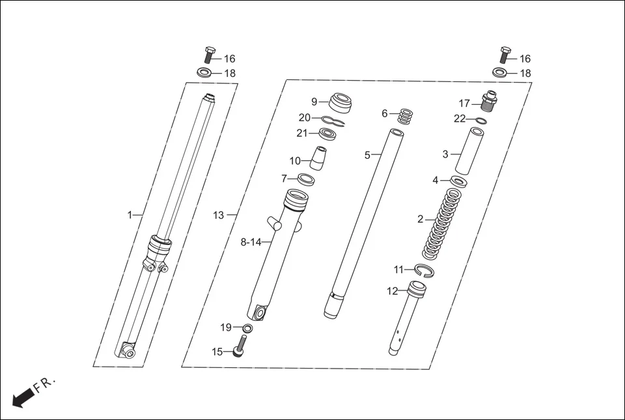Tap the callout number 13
[218, 215]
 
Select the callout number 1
[130, 214]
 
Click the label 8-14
[251, 242]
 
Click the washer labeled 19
[247, 327]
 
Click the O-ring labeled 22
[479, 120]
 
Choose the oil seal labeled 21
[328, 134]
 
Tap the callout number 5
[367, 155]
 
